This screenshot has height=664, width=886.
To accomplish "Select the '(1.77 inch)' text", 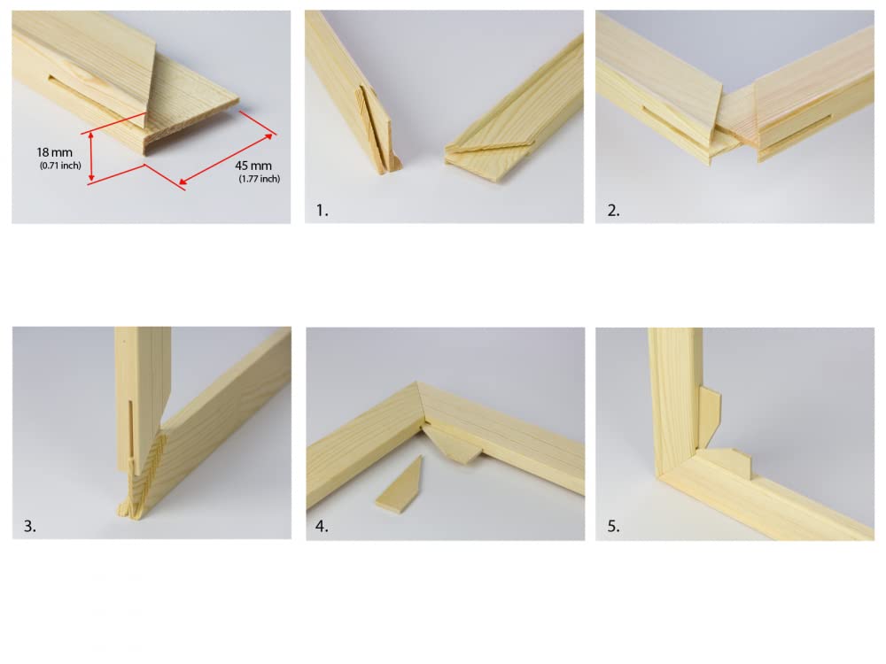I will (x=259, y=179).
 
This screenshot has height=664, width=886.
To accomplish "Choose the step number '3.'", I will (x=30, y=526).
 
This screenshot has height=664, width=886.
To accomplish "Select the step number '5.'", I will (x=613, y=526).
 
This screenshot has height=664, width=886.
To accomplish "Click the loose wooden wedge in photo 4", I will (x=394, y=486).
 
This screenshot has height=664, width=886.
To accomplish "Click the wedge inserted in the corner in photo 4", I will (x=454, y=443).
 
